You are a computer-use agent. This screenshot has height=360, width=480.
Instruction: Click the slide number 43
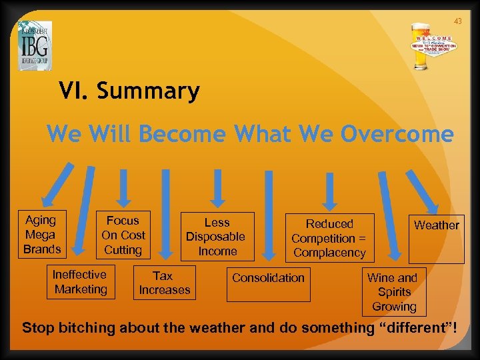(457, 21)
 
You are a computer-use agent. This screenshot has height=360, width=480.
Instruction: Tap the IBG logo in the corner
(35, 45)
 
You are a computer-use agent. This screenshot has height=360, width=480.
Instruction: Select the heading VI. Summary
(129, 91)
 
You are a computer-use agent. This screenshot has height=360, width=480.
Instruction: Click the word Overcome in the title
(397, 134)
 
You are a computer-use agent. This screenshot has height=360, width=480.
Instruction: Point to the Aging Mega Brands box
(41, 235)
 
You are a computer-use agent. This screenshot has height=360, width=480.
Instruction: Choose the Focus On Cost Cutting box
(123, 235)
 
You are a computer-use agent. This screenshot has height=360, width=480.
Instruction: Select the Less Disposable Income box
(217, 237)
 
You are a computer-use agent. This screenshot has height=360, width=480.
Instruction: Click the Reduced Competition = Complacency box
(329, 238)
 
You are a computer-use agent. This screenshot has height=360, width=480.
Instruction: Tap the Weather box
(436, 238)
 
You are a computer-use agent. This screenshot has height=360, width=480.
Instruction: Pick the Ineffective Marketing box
(80, 282)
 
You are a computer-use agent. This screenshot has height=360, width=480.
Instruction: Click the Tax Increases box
(164, 283)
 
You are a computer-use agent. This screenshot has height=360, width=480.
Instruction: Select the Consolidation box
(267, 283)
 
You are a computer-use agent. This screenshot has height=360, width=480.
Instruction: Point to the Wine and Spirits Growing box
(393, 292)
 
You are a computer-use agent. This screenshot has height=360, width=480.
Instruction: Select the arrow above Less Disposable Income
(217, 187)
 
